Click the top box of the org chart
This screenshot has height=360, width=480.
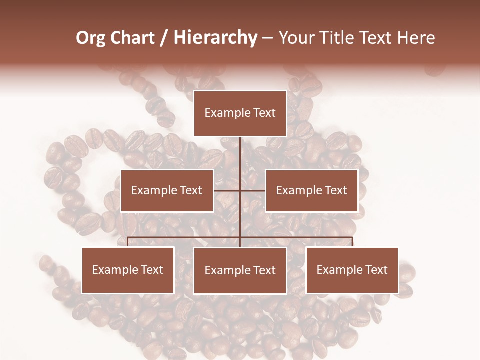click(240, 113)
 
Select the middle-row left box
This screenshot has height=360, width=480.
click(167, 190)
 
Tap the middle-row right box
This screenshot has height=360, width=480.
click(311, 190)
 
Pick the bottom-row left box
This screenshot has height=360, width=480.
click(128, 270)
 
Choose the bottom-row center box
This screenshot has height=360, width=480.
click(240, 270)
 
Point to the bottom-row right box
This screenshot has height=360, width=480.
click(352, 270)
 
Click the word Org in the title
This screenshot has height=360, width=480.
click(90, 38)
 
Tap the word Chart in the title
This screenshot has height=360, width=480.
click(132, 38)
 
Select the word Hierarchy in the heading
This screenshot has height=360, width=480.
click(215, 38)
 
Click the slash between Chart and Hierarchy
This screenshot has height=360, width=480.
click(164, 38)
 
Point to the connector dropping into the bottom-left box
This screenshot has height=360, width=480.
click(128, 242)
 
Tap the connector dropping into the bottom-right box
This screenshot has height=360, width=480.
click(352, 242)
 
